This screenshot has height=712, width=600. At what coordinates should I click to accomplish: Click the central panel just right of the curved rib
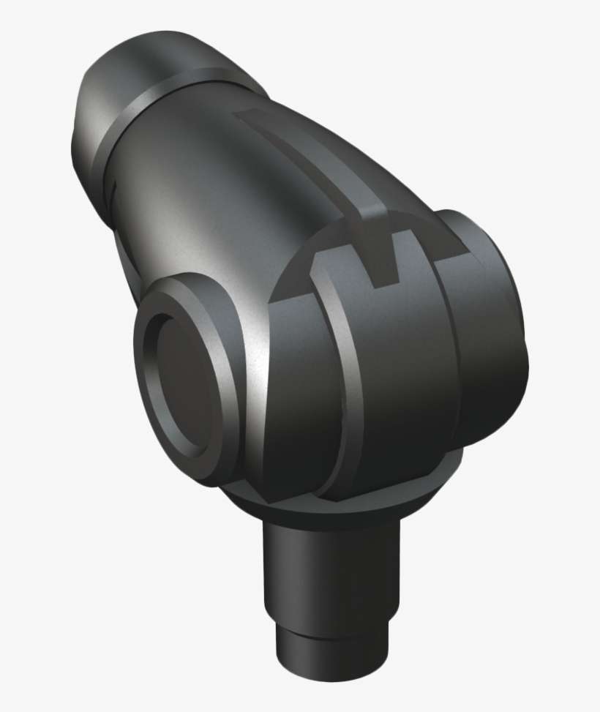402,366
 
